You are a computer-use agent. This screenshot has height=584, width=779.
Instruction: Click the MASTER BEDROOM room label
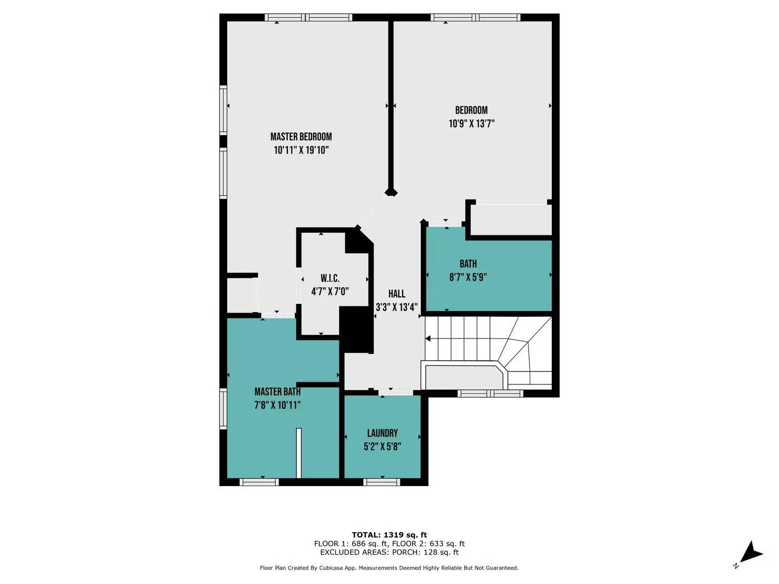tap(301, 137)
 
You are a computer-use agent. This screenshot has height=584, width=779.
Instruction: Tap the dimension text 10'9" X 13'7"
tap(471, 124)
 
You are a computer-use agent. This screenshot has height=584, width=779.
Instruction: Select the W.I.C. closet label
tap(329, 278)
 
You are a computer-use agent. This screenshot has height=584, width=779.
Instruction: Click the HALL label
tap(397, 294)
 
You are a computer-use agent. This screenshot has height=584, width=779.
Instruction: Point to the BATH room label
tap(468, 264)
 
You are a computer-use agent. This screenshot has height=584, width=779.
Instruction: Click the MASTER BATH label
tap(277, 391)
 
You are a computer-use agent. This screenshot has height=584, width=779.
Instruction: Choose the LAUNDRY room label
tap(382, 433)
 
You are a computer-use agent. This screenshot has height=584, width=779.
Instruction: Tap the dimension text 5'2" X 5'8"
tap(382, 447)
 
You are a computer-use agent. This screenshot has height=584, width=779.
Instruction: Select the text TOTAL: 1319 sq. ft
tap(389, 535)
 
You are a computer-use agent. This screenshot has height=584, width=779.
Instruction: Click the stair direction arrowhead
tap(428, 339)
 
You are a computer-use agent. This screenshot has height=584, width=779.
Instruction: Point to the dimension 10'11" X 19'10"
tap(301, 150)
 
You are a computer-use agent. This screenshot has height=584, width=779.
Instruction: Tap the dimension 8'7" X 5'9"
tap(468, 277)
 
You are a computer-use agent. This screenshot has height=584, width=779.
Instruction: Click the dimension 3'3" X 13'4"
tap(397, 307)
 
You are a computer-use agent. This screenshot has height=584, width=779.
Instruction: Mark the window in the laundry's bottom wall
tap(382, 481)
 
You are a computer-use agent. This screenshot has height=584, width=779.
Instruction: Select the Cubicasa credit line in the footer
tap(389, 568)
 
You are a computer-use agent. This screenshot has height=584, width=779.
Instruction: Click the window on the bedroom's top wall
tap(476, 17)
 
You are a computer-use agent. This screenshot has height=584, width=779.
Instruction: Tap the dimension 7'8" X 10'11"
tap(277, 405)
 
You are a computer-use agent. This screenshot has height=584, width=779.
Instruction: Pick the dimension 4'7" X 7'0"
tap(329, 291)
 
